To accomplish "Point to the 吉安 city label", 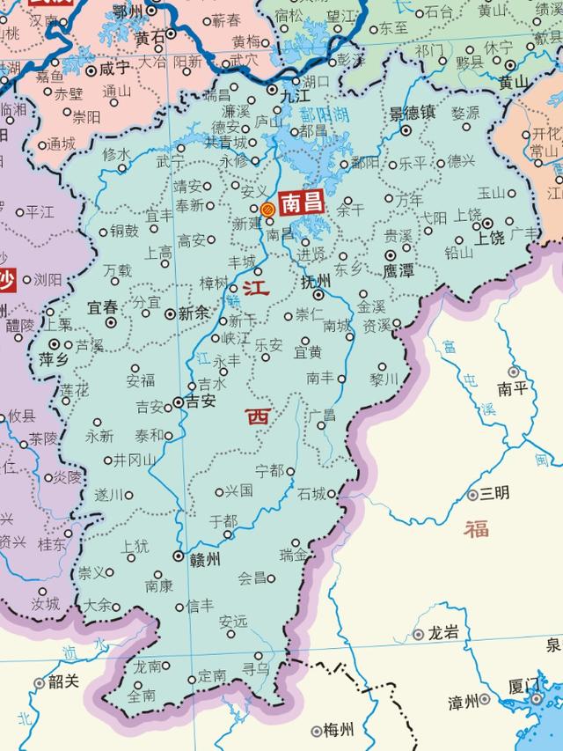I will click(x=201, y=401).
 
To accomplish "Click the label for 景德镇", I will click(x=413, y=113).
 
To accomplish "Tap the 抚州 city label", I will click(x=315, y=282).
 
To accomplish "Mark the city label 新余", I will click(x=193, y=313).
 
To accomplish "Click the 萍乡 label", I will click(x=54, y=359).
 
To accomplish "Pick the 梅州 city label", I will click(x=340, y=730).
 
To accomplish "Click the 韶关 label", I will click(x=64, y=681).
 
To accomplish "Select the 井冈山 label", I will click(x=135, y=460).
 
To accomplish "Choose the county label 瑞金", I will click(x=294, y=555).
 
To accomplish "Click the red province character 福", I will click(x=476, y=528).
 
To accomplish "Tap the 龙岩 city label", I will click(x=443, y=633).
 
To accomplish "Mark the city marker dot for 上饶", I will click(x=486, y=223).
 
